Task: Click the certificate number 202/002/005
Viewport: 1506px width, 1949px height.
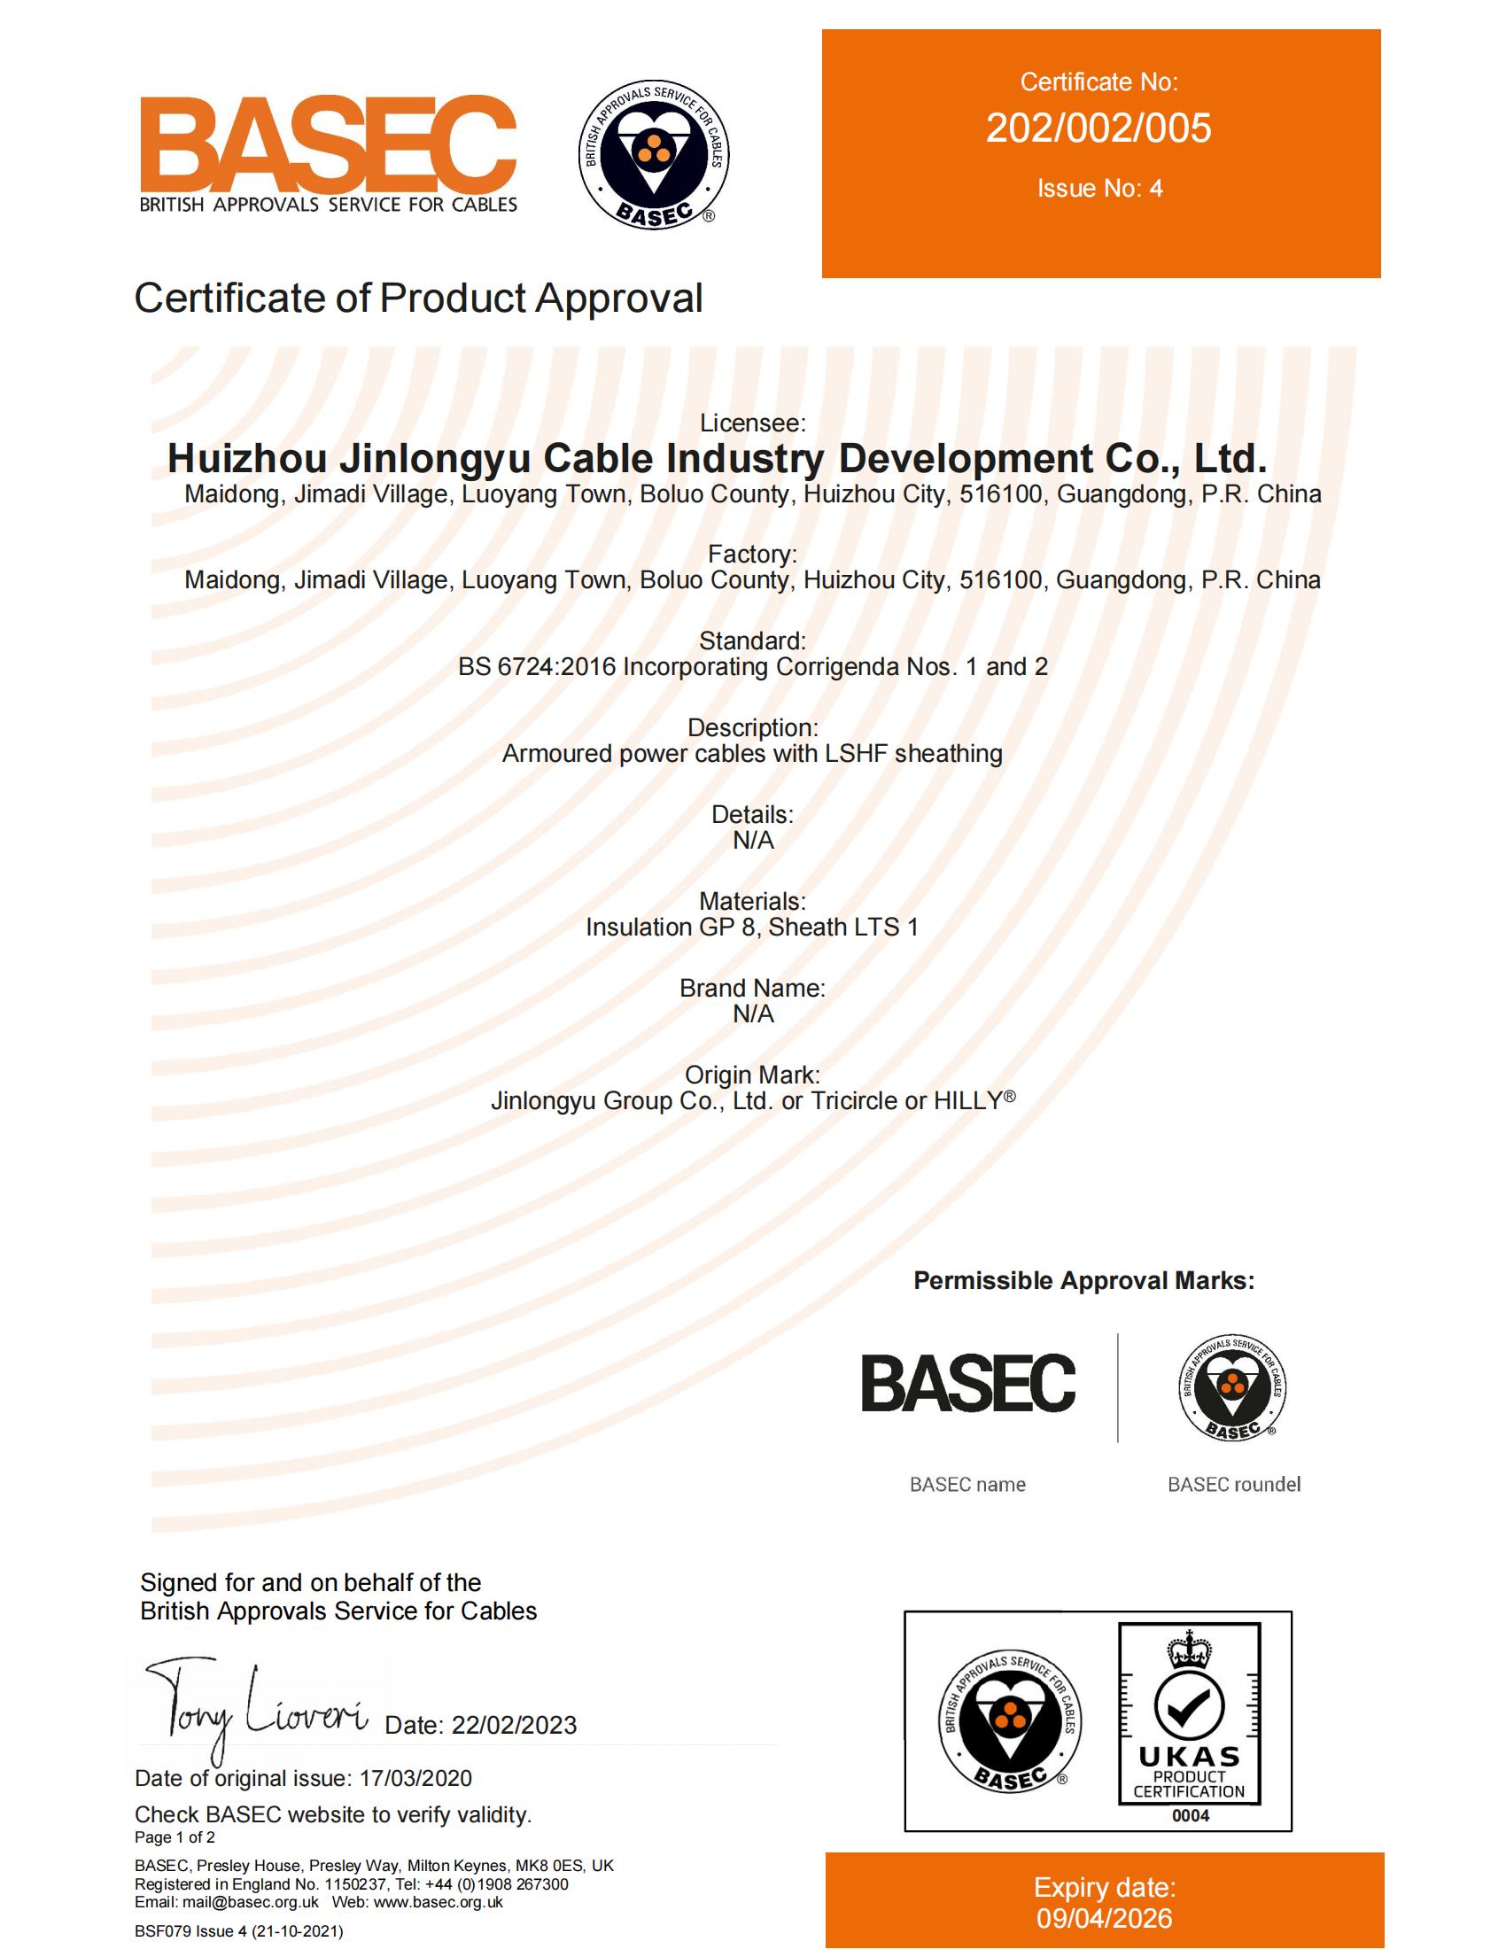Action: [1098, 128]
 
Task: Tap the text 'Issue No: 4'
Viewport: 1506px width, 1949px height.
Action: [1099, 189]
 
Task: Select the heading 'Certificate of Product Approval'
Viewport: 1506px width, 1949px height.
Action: [418, 298]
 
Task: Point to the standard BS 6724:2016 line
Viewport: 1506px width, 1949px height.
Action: [752, 666]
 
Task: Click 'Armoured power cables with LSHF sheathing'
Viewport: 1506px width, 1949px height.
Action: [752, 754]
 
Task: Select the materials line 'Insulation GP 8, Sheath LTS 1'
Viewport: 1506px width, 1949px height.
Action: [752, 928]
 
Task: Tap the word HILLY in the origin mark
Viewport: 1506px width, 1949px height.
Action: [968, 1101]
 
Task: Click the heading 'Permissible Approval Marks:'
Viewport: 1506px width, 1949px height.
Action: [1084, 1281]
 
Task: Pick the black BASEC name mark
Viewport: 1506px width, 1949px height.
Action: [968, 1383]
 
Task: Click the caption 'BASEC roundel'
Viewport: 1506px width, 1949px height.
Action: [1234, 1484]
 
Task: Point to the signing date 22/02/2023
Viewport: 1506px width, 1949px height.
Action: [514, 1725]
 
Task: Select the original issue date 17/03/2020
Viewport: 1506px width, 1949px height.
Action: [415, 1778]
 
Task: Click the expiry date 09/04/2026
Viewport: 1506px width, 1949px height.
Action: [1105, 1918]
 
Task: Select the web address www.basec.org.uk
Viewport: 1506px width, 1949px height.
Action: [438, 1902]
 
